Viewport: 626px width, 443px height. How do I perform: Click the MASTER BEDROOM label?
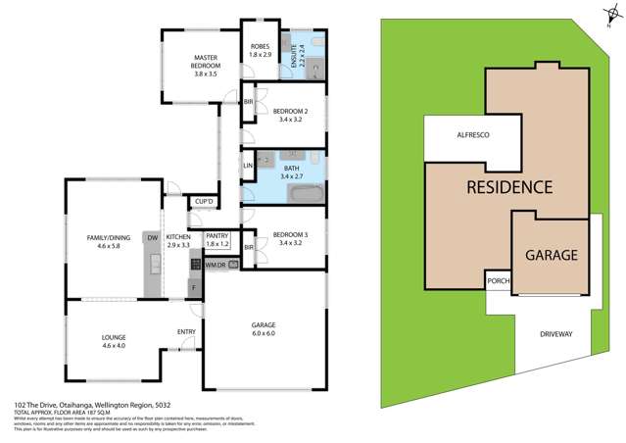click(204, 66)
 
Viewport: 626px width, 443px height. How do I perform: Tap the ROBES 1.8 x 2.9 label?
click(260, 51)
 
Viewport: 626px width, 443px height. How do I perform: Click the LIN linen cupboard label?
click(248, 166)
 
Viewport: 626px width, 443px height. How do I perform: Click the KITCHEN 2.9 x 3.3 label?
click(178, 241)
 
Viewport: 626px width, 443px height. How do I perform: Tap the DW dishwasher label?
click(152, 237)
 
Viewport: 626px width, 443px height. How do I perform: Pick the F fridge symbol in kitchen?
click(194, 287)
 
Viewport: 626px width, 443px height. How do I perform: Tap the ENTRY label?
click(186, 331)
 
